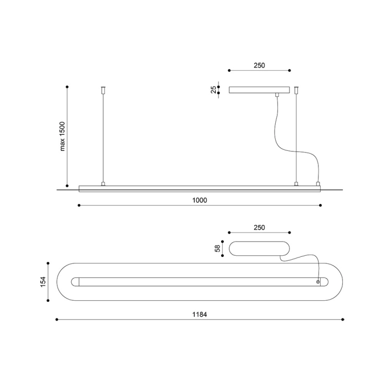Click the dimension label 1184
coord(200,314)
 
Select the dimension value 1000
coord(200,200)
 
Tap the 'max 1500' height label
coord(62,136)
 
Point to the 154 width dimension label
coord(43,282)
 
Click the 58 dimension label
coord(217,249)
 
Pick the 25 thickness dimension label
coord(214,90)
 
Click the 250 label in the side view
coord(259,65)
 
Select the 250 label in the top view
coord(259,228)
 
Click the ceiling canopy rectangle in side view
coord(259,90)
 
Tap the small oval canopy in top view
coord(259,249)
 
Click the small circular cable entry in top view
coord(318,282)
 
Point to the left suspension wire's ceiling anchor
coord(103,90)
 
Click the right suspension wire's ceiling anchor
coord(296,90)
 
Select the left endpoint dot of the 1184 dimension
coord(57,319)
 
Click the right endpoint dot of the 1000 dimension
coord(321,205)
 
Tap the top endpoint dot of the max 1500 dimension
coord(67,87)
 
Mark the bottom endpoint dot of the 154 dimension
coord(48,301)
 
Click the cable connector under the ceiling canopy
coord(277,95)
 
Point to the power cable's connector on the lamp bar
coord(318,184)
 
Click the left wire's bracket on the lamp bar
coord(103,184)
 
